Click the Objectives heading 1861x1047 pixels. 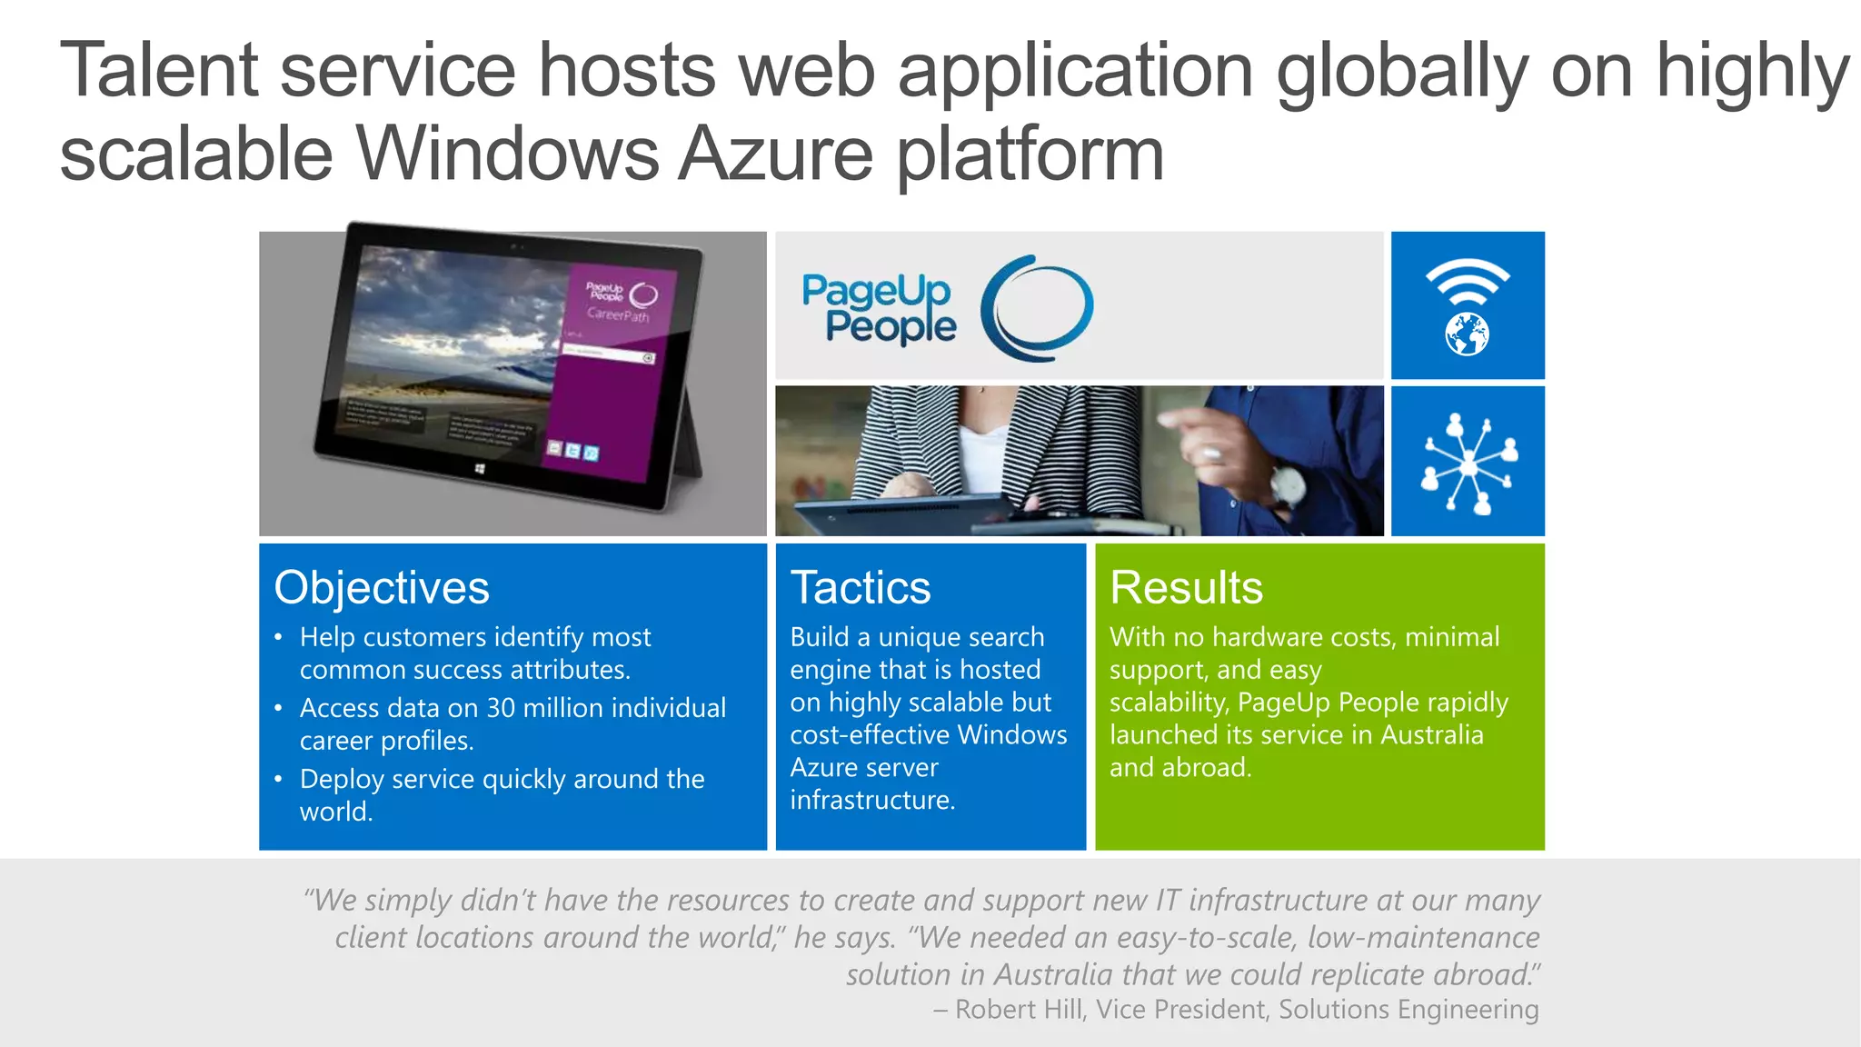[382, 588]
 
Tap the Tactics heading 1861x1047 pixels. [861, 588]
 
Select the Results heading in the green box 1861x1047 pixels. [1186, 588]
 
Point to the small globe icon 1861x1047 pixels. [1467, 334]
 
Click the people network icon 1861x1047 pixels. [1468, 463]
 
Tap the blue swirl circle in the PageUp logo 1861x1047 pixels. [1037, 307]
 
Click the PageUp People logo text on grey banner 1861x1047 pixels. [879, 308]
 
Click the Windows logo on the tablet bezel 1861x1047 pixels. [480, 469]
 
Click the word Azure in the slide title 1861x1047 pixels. [776, 154]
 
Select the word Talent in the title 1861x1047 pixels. [160, 70]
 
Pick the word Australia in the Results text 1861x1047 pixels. [1431, 734]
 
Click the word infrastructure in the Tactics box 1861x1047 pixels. [871, 800]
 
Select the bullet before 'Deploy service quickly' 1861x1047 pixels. [278, 779]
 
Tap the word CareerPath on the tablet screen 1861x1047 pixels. [618, 314]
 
